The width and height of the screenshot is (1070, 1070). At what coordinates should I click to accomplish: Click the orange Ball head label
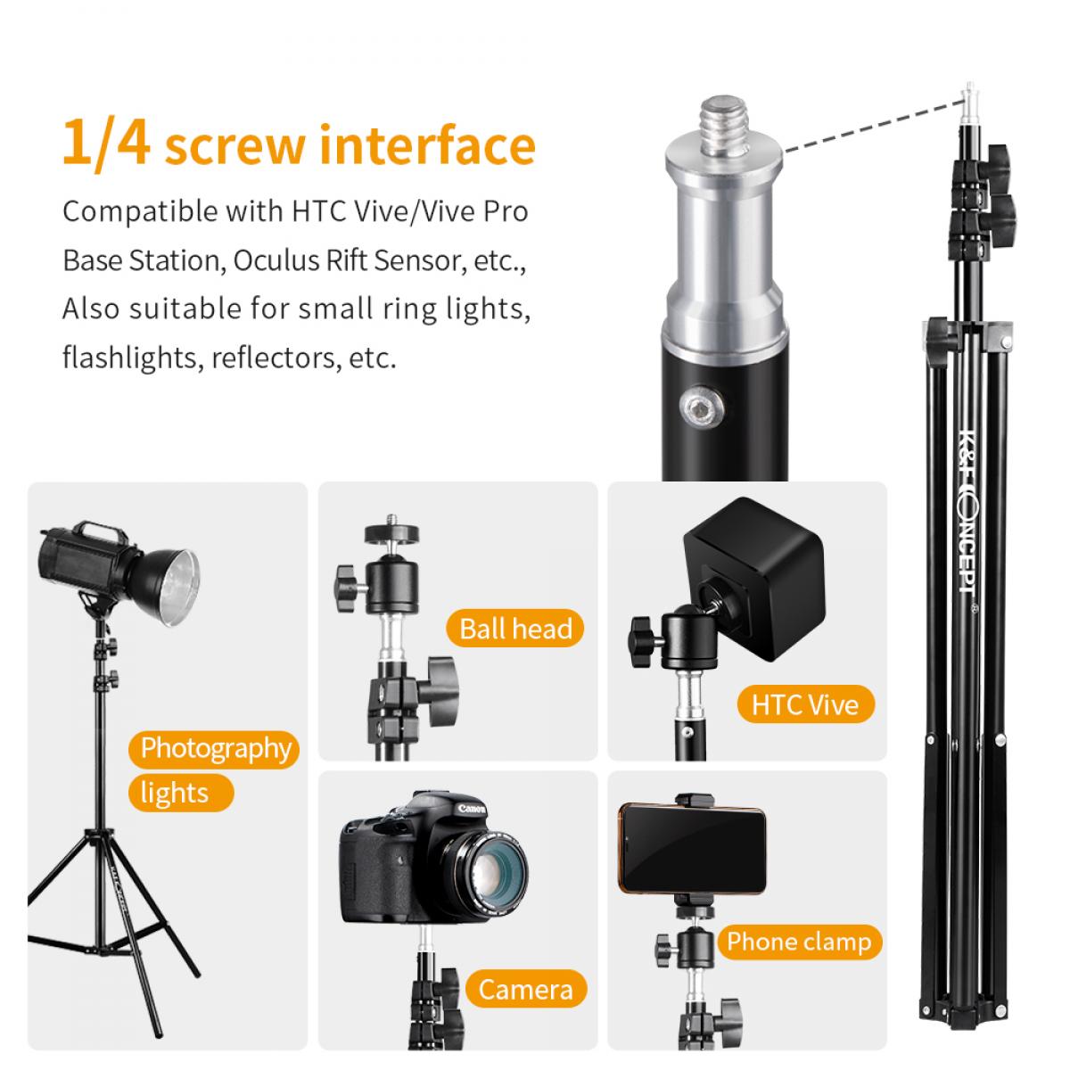(x=514, y=629)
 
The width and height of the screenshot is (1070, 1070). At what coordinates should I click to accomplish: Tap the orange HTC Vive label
(x=805, y=704)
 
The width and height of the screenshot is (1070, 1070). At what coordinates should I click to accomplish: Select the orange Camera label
(x=526, y=990)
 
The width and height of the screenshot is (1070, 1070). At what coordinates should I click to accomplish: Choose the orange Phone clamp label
(x=799, y=942)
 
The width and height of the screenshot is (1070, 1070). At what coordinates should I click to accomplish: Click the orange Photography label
(x=214, y=749)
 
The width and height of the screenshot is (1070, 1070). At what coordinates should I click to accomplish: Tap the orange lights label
(x=181, y=793)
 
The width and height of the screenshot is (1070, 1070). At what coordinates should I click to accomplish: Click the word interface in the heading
(x=428, y=145)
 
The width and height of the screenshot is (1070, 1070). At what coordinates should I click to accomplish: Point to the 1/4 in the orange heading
(x=106, y=144)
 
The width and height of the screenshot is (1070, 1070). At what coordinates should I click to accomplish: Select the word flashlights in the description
(x=130, y=357)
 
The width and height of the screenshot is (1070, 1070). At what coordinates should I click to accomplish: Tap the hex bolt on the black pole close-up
(x=702, y=409)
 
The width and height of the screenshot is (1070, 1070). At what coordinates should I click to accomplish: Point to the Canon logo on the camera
(x=472, y=809)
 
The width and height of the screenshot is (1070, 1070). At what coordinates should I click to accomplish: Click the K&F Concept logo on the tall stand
(x=968, y=511)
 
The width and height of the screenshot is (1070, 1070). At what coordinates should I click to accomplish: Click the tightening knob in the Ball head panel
(x=348, y=589)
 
